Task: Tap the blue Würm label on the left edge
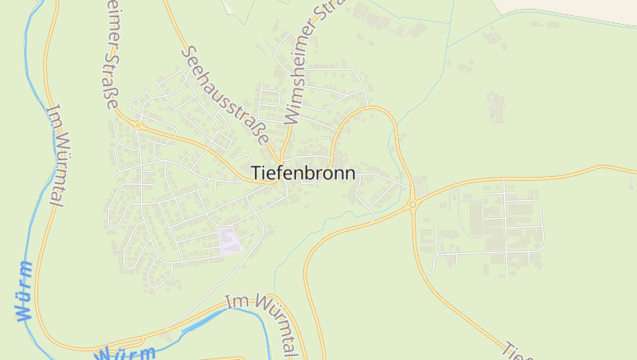pyautogui.click(x=25, y=291)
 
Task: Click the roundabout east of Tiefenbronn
pyautogui.click(x=412, y=205)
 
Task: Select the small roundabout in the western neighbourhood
pyautogui.click(x=138, y=125)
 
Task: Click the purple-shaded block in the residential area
pyautogui.click(x=230, y=240)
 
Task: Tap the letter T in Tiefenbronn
pyautogui.click(x=256, y=172)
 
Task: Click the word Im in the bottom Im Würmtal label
pyautogui.click(x=235, y=303)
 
